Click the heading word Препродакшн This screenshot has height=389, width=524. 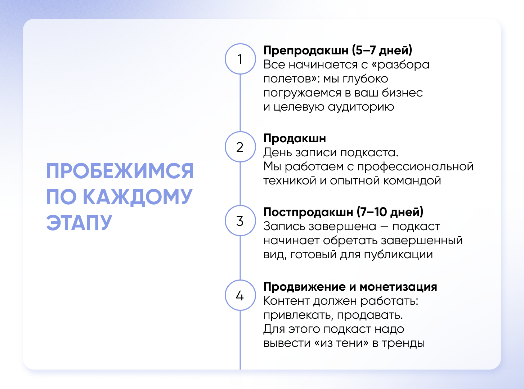[306, 50]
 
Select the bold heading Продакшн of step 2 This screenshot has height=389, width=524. [295, 138]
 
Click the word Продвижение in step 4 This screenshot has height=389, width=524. [304, 287]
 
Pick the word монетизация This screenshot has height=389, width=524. [398, 287]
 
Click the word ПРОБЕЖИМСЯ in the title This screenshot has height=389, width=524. [120, 171]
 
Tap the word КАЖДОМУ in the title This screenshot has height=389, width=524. [138, 197]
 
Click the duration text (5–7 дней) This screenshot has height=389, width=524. [382, 50]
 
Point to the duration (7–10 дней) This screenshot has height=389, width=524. [390, 212]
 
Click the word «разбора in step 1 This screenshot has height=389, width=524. [400, 65]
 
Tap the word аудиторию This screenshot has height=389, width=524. [361, 107]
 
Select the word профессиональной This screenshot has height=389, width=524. [415, 167]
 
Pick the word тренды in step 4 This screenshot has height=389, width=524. [403, 343]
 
